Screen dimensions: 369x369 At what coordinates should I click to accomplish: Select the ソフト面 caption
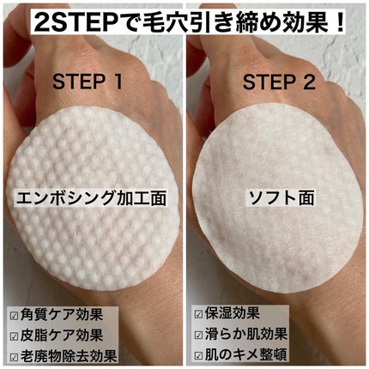point(278,197)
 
